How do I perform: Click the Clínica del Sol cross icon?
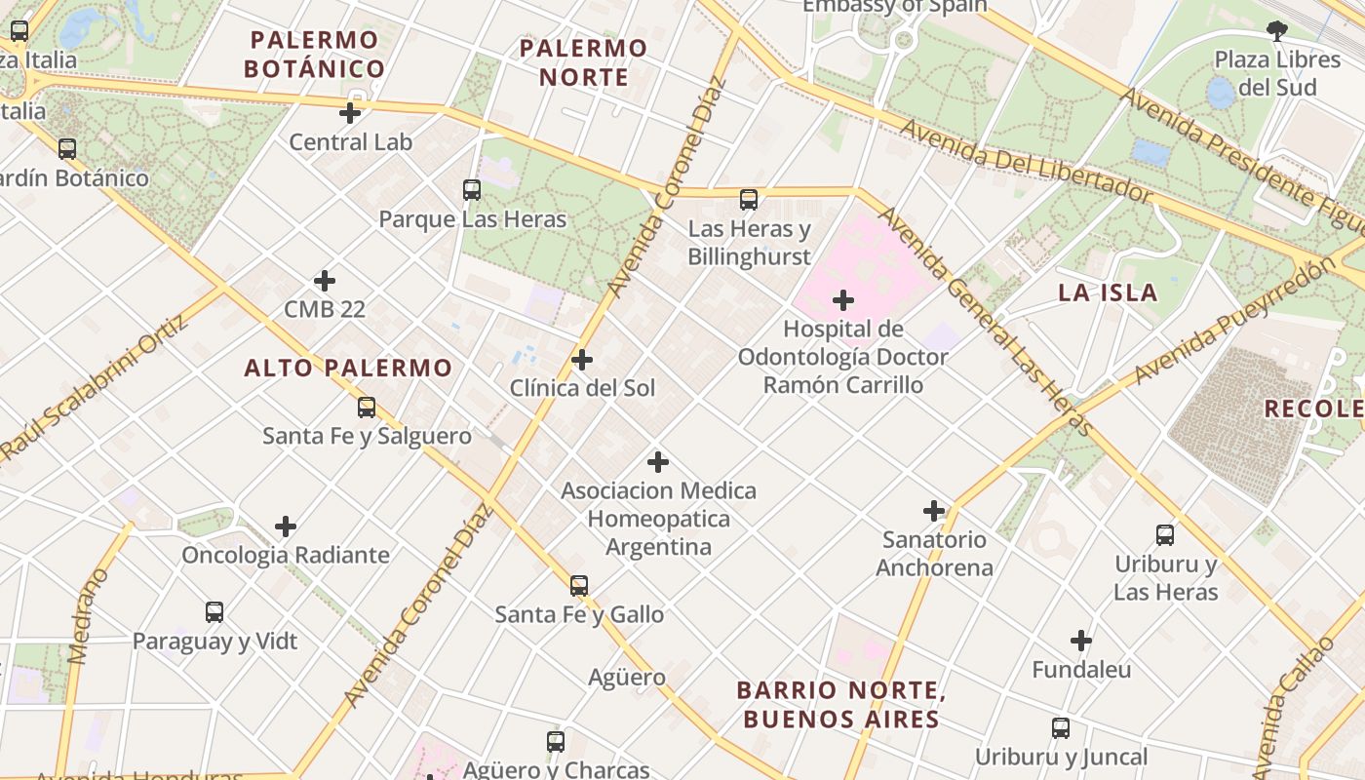coord(582,360)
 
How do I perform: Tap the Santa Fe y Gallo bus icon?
coord(579,586)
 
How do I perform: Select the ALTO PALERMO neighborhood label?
coord(348,368)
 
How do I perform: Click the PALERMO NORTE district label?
coord(583,62)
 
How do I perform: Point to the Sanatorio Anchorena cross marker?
coord(934,511)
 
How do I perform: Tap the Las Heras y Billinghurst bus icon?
coord(749,200)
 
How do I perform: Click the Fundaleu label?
coord(1081,670)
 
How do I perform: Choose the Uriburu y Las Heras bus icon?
coord(1165,535)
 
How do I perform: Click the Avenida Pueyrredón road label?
coord(1232,321)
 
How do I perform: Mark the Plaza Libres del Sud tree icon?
coord(1276,31)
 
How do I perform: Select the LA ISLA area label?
coord(1108,292)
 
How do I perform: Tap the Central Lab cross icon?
coord(350,113)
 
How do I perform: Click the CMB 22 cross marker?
coord(325,281)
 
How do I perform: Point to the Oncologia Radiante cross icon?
coord(286,527)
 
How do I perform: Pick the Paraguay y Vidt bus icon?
coord(214,612)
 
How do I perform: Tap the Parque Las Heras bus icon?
coord(472,190)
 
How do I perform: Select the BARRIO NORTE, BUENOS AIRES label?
coord(839,705)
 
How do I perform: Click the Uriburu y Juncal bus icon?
coord(1061,728)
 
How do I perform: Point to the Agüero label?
coord(627,677)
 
